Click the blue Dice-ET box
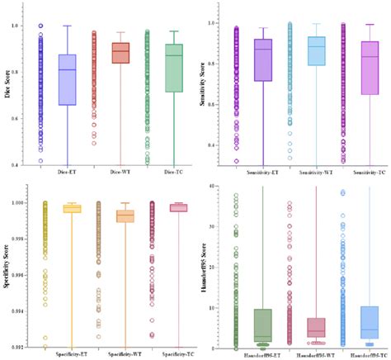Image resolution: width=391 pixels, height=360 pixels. coord(68,79)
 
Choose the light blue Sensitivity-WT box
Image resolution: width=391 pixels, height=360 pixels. coord(316,50)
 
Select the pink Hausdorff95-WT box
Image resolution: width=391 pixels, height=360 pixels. coord(316,328)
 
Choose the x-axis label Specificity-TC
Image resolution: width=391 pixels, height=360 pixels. coord(174,354)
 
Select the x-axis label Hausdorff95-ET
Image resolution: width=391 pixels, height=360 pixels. coord(263,354)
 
